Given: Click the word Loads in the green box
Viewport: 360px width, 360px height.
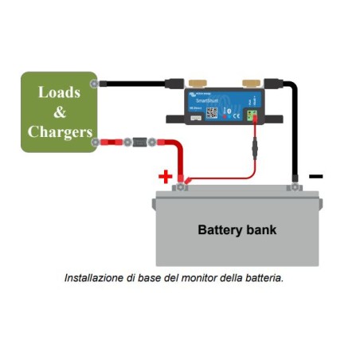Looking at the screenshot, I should (59, 91).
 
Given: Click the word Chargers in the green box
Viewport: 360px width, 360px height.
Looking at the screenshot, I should (59, 131).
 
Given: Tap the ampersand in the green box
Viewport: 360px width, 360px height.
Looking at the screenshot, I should (59, 112).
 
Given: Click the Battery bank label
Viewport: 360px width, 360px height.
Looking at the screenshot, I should (237, 231).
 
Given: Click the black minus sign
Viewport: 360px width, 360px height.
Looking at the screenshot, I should (315, 174).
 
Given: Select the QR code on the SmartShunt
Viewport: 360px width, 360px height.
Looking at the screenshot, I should (213, 113).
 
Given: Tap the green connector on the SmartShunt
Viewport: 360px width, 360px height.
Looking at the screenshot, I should (252, 115).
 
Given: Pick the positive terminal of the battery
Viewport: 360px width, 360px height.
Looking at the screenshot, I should (182, 187).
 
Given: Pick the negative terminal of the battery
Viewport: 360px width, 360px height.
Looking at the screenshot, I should (295, 187).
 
